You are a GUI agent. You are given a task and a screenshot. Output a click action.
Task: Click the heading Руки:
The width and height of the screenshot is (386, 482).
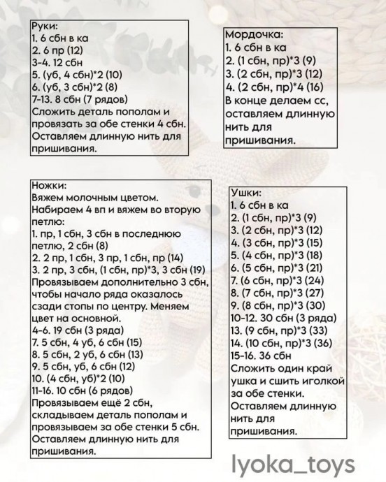(45, 26)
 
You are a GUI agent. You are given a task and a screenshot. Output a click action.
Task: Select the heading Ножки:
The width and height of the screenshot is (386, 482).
(49, 187)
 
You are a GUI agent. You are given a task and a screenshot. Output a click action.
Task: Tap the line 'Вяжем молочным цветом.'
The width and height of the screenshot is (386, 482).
(95, 198)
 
